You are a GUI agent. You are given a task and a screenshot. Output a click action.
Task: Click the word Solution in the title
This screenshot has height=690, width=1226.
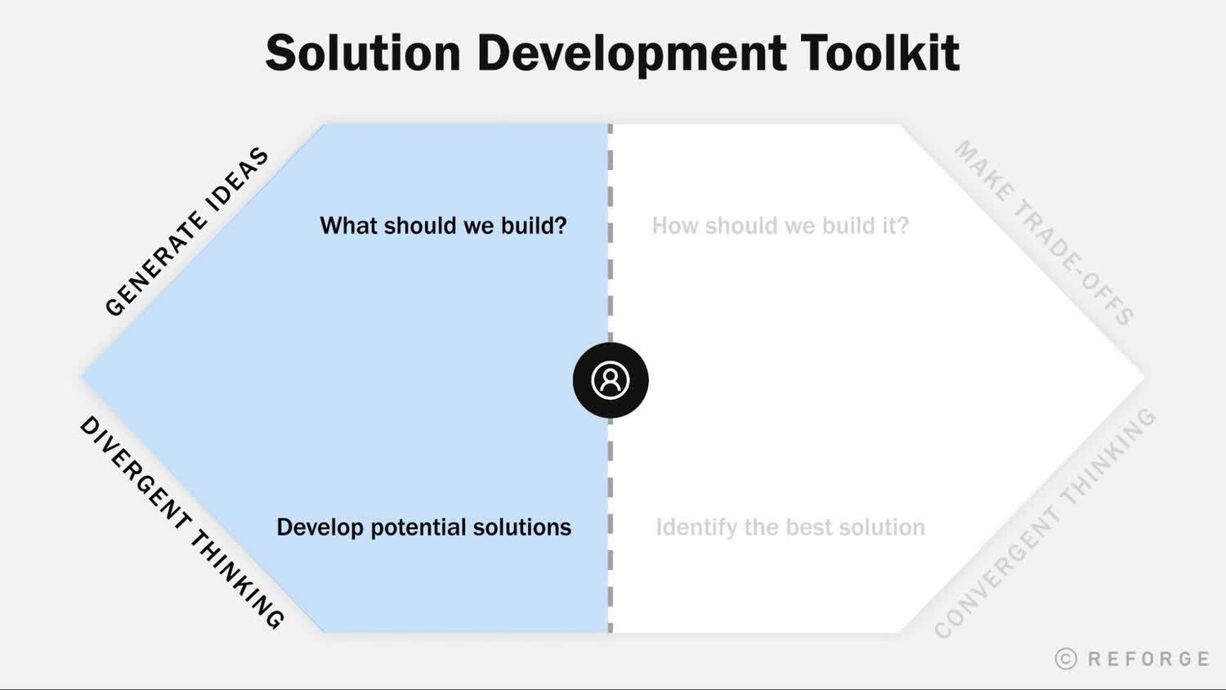coord(363,53)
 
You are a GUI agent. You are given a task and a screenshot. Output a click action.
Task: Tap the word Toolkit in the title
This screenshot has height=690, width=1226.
coord(879,53)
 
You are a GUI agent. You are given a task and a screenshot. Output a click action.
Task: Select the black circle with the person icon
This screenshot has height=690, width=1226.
coord(611,380)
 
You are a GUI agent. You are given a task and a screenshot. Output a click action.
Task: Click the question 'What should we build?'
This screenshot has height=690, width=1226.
coord(443,226)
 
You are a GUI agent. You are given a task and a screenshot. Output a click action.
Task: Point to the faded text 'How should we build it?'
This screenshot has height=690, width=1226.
coord(780,226)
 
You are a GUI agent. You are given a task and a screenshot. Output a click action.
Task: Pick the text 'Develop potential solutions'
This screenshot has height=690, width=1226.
coord(423,527)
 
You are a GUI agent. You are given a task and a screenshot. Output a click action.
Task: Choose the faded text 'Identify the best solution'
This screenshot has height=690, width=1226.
coord(790,527)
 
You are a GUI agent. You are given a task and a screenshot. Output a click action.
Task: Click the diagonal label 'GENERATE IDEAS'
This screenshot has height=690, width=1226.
coord(186,231)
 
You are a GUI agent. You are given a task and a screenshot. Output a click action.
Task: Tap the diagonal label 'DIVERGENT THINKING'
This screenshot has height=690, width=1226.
coord(181,522)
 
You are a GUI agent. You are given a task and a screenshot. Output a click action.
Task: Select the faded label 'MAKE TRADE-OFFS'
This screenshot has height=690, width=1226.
coord(1044,233)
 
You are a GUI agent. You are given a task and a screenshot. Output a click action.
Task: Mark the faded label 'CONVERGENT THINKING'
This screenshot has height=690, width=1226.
coord(1045,523)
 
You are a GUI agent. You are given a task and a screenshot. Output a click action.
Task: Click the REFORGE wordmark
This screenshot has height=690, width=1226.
coord(1148,659)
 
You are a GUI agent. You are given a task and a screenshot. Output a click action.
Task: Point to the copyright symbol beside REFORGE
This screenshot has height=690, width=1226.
coord(1066,659)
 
